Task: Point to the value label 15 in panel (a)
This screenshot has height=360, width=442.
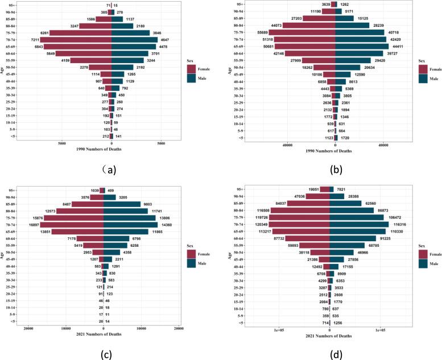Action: pyautogui.click(x=116, y=5)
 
